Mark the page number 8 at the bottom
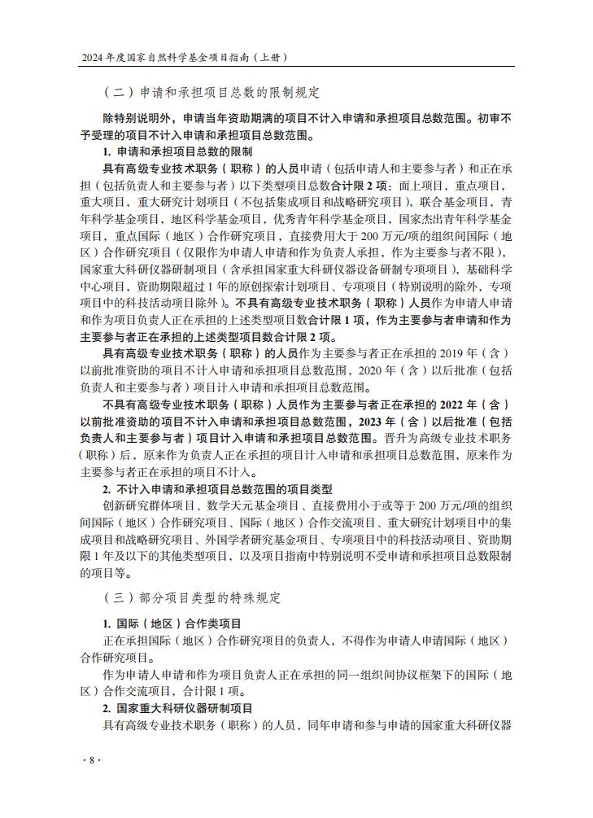[x=92, y=759]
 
